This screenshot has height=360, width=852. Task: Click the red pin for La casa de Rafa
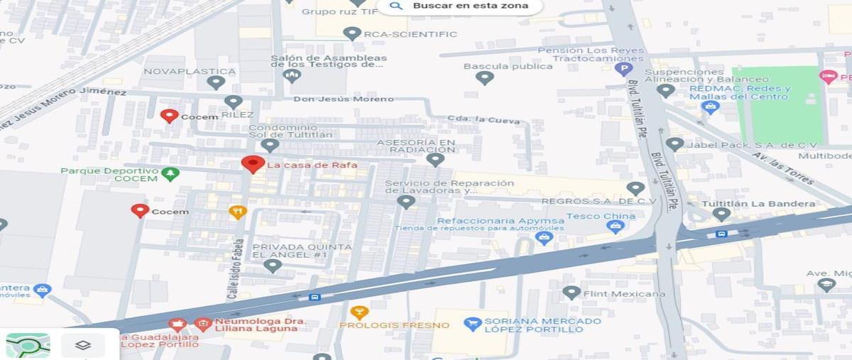click(253, 164)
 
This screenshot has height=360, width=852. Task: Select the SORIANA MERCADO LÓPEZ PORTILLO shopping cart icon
click(472, 324)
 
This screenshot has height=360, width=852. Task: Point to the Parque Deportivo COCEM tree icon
click(170, 174)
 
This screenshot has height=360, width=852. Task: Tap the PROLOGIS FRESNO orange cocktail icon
click(359, 312)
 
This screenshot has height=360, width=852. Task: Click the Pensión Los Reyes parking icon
click(623, 69)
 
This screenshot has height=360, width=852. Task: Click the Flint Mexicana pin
click(572, 293)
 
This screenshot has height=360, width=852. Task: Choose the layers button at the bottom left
click(83, 345)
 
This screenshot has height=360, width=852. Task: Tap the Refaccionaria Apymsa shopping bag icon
click(544, 238)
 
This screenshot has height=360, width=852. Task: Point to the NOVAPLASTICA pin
click(216, 82)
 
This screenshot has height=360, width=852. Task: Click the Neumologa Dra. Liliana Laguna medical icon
click(203, 324)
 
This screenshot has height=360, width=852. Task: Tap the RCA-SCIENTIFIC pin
click(352, 33)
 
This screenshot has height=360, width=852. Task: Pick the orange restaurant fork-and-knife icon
click(238, 212)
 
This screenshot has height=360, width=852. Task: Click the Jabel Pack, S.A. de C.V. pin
click(674, 145)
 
